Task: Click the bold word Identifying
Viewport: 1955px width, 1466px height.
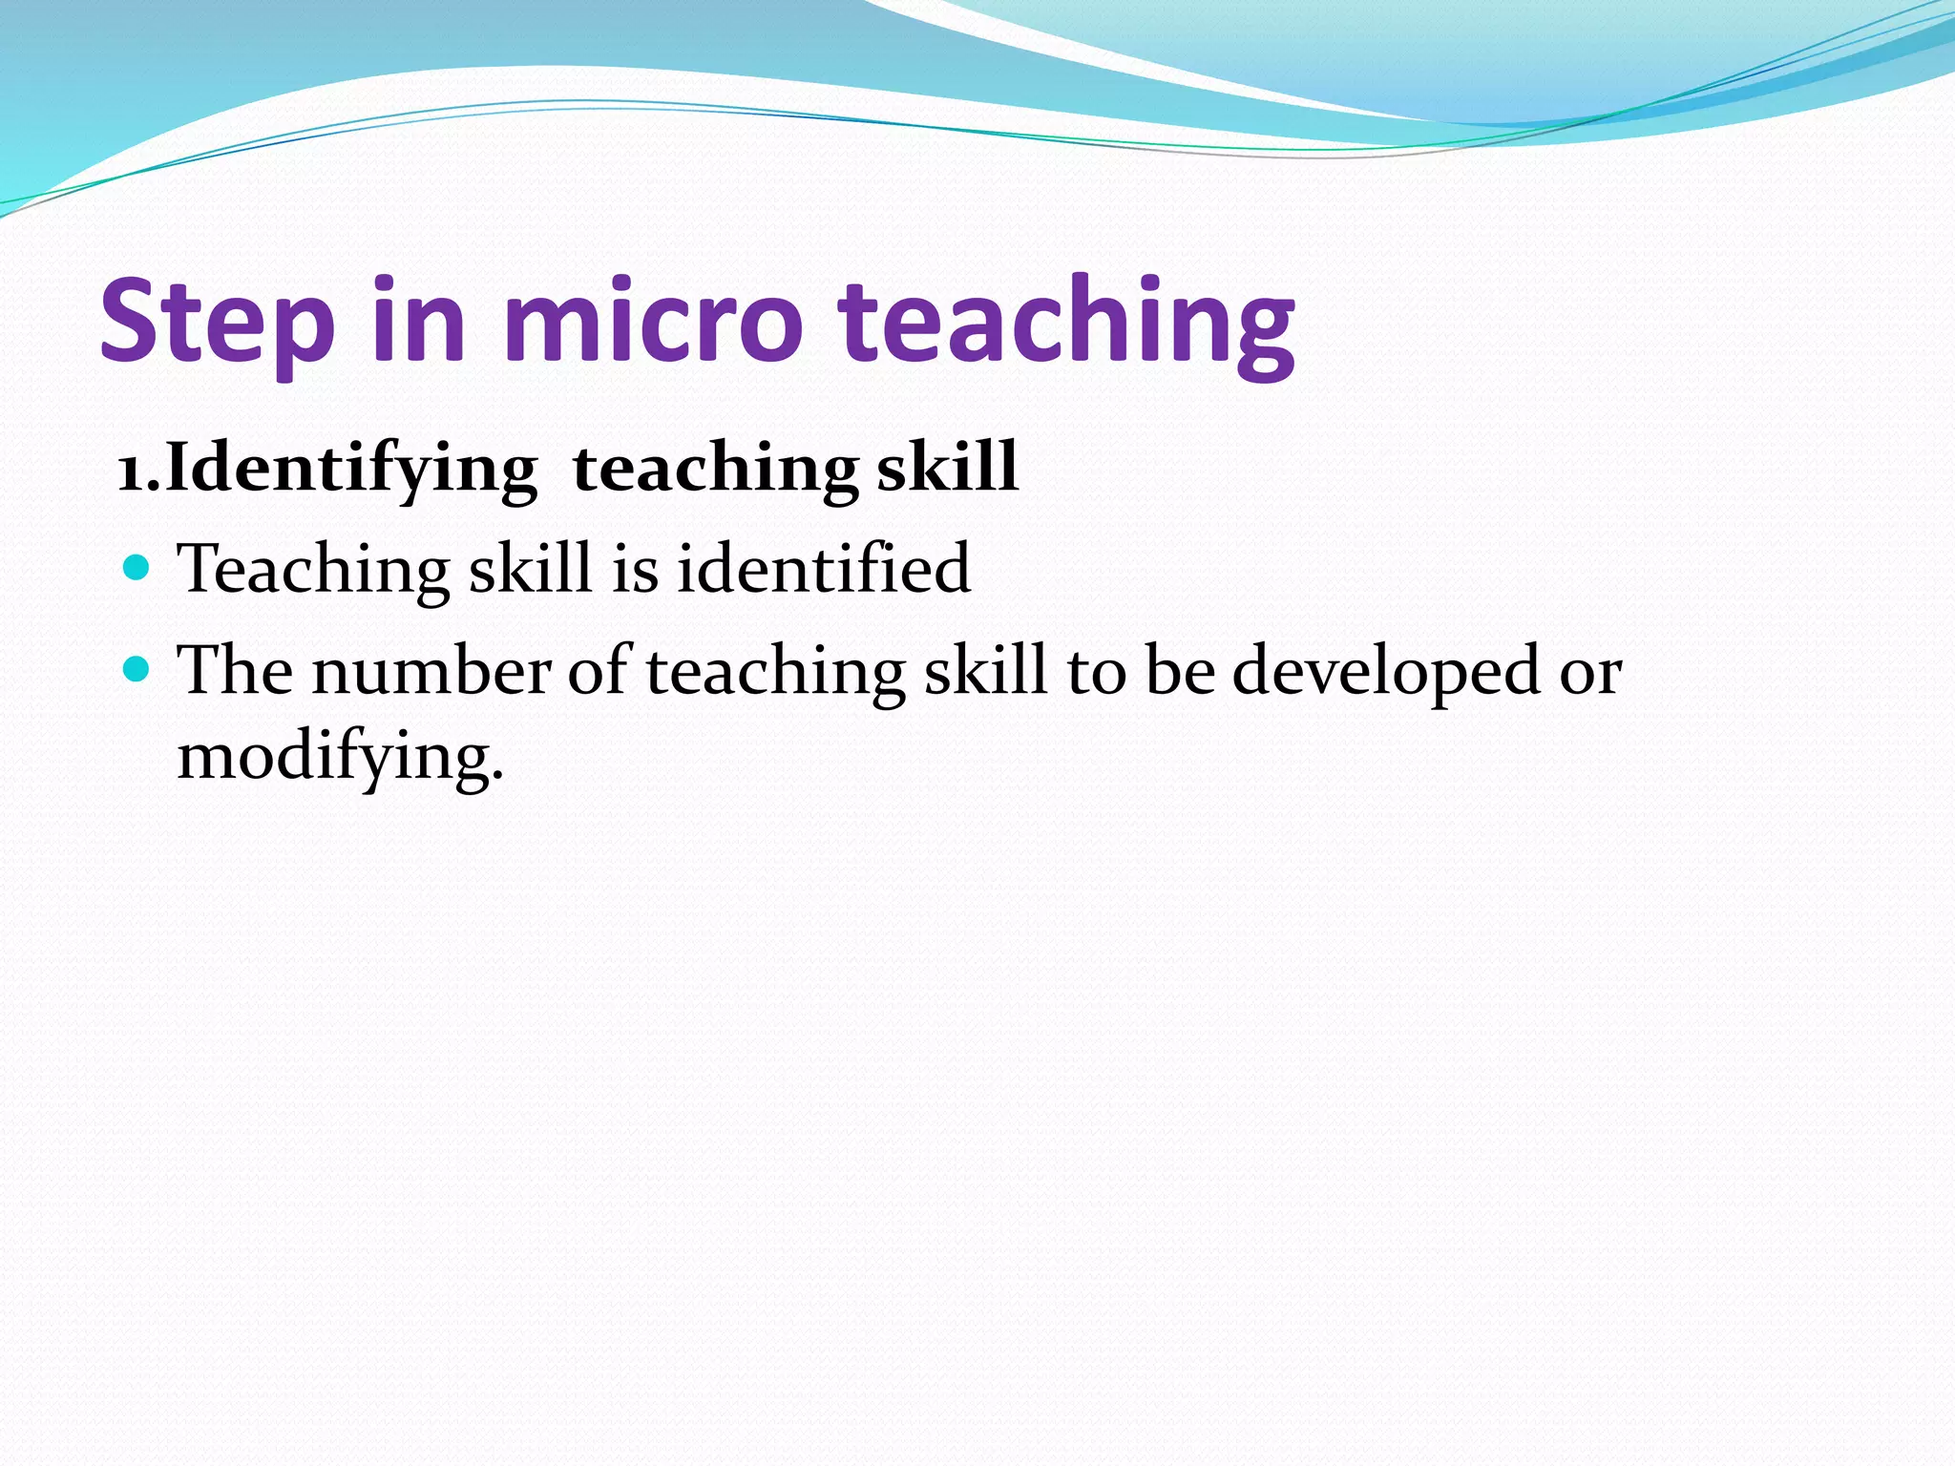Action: point(351,469)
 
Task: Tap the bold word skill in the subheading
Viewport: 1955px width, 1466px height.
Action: point(947,467)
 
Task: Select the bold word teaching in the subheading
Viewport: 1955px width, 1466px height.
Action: point(716,469)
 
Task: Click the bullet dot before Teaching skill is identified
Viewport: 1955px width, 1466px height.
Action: point(137,568)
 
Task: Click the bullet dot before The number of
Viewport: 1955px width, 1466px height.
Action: point(137,669)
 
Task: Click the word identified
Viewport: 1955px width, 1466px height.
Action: point(823,568)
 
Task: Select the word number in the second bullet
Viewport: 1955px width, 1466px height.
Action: point(431,670)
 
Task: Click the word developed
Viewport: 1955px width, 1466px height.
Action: point(1386,672)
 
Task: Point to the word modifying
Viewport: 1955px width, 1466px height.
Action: point(339,757)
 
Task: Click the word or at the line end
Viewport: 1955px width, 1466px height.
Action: point(1590,672)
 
